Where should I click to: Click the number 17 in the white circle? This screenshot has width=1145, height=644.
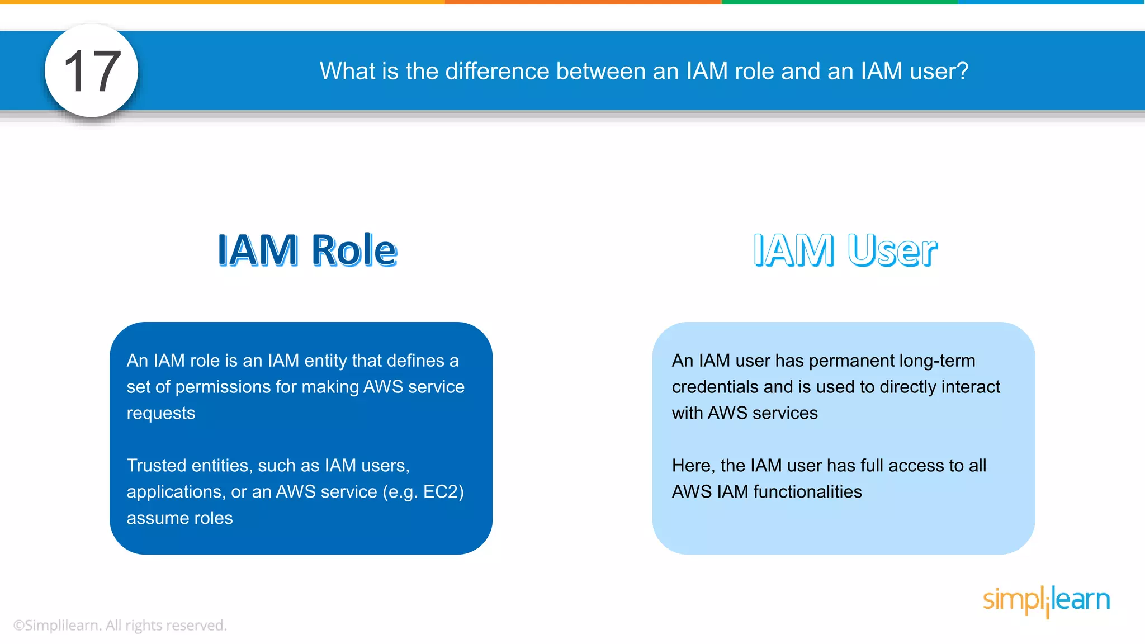click(92, 72)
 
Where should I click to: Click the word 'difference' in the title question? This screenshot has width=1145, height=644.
click(497, 72)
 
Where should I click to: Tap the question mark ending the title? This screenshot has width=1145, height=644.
click(962, 72)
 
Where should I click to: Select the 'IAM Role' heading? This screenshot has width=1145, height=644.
click(307, 250)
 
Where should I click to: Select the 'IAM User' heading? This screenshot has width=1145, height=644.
click(845, 250)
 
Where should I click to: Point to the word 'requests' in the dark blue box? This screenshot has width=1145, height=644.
click(161, 413)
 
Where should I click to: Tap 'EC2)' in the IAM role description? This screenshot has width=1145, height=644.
click(443, 492)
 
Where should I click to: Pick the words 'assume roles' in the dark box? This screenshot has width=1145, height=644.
click(179, 518)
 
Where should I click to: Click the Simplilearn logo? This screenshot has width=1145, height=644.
click(1046, 600)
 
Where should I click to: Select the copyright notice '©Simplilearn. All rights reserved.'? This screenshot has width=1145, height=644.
click(120, 626)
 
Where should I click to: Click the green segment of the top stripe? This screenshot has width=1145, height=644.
click(840, 2)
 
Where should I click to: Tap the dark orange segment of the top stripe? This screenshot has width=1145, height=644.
click(583, 2)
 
